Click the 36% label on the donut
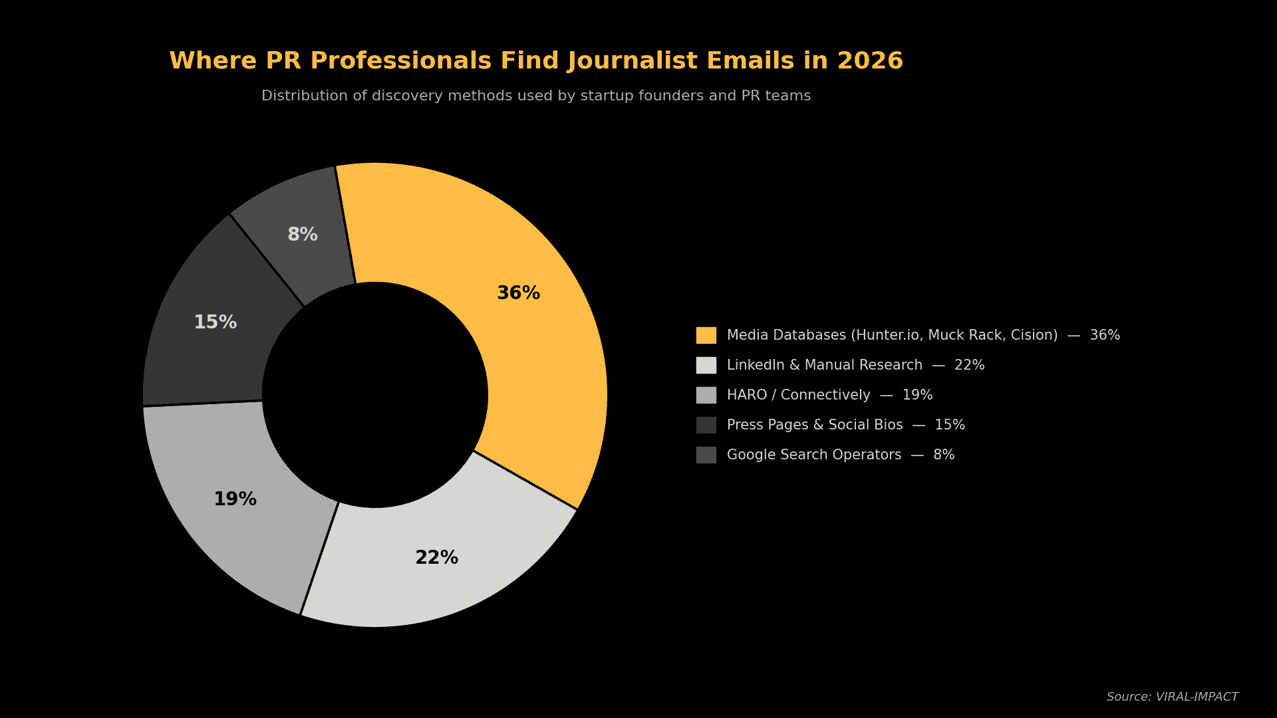click(x=518, y=293)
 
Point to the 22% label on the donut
click(x=436, y=558)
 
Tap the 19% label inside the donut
click(x=235, y=499)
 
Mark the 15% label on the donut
click(x=215, y=322)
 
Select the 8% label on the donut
click(x=302, y=235)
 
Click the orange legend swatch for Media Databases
click(x=706, y=335)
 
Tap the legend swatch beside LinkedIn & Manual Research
click(x=706, y=365)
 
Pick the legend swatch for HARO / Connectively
click(x=706, y=395)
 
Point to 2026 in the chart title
click(x=869, y=61)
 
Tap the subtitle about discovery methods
click(x=536, y=96)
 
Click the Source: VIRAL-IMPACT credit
click(x=1172, y=697)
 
